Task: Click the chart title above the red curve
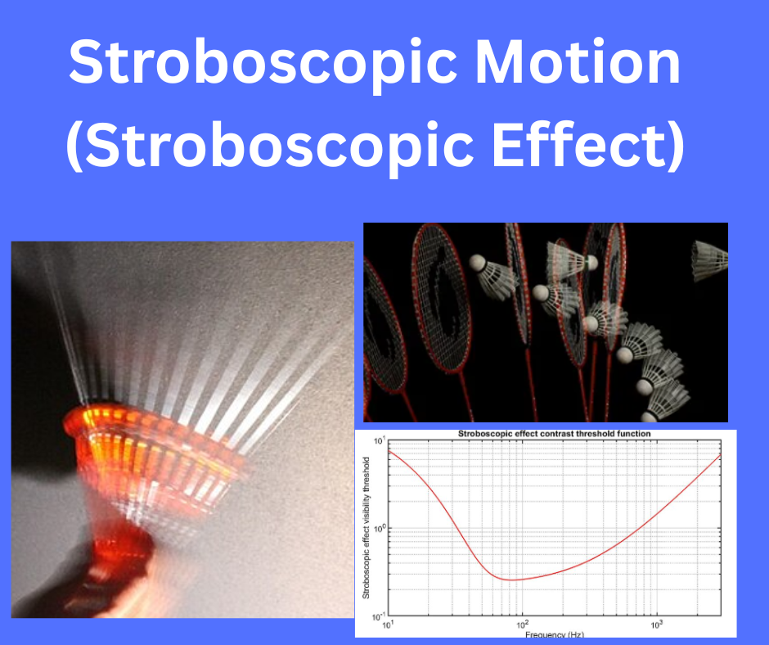pos(550,433)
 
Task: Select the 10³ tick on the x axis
pos(656,625)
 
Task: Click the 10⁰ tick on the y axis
pos(379,529)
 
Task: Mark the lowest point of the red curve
pos(511,580)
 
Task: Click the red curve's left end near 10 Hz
pos(389,452)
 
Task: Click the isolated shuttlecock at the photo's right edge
pos(708,260)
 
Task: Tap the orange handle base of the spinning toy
pos(123,565)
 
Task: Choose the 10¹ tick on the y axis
pos(379,442)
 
